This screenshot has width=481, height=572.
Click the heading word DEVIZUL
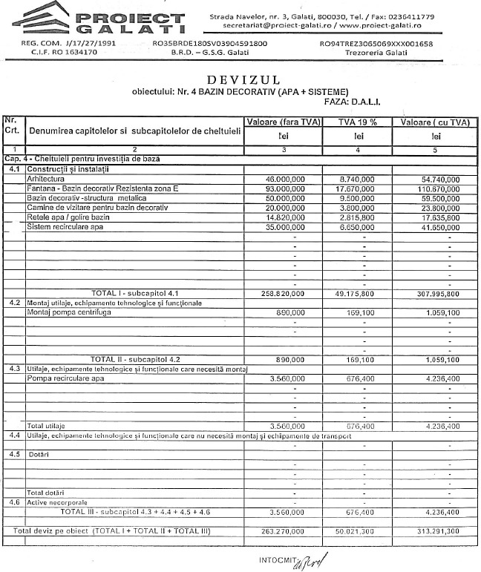point(240,79)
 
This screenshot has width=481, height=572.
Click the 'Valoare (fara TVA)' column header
point(283,122)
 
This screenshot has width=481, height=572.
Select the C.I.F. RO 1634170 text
point(47,53)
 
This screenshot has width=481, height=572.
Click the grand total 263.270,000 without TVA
point(285,530)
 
